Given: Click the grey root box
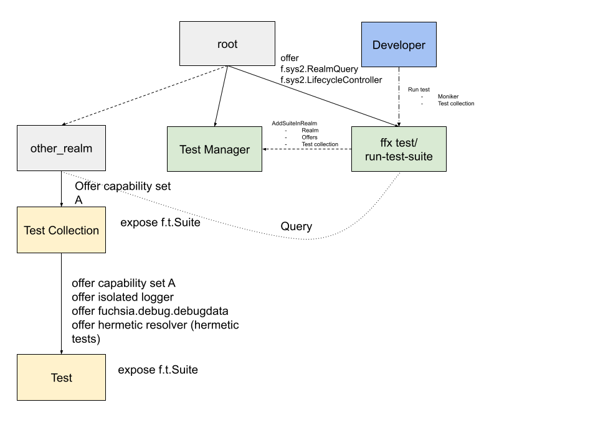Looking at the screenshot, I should pyautogui.click(x=227, y=44).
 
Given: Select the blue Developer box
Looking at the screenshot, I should pyautogui.click(x=399, y=45).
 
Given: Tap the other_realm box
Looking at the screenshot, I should pyautogui.click(x=61, y=148).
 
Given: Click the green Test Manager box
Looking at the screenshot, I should pyautogui.click(x=214, y=149).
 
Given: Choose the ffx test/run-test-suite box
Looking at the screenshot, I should pyautogui.click(x=399, y=149).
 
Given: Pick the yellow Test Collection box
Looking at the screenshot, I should pyautogui.click(x=61, y=230).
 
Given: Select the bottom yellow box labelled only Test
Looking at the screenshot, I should pyautogui.click(x=61, y=378).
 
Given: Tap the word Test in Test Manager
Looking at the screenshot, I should pyautogui.click(x=190, y=150).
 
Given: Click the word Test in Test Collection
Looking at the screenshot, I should pyautogui.click(x=34, y=231).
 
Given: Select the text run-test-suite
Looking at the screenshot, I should pyautogui.click(x=399, y=157).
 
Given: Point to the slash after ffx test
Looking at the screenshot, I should pyautogui.click(x=415, y=142).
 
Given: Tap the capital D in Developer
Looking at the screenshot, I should pyautogui.click(x=376, y=45).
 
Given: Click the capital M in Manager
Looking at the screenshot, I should pyautogui.click(x=209, y=150).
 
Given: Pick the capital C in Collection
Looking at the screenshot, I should pyautogui.click(x=52, y=231).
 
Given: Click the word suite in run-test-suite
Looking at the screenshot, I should pyautogui.click(x=420, y=157).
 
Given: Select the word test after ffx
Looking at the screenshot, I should pyautogui.click(x=406, y=142).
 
